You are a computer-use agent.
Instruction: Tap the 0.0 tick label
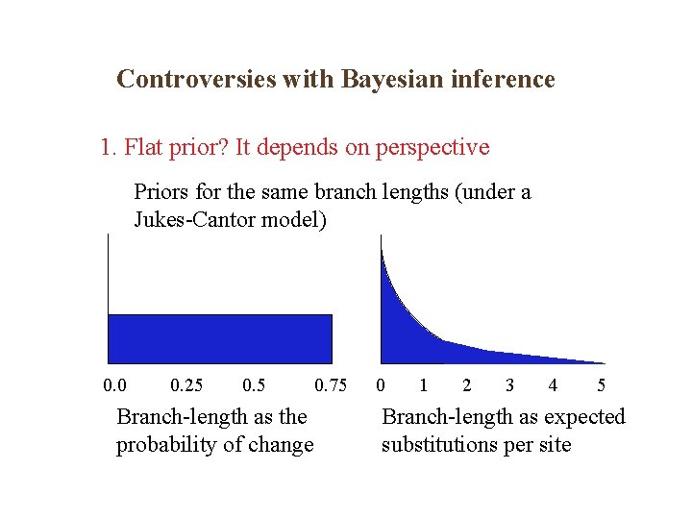click(114, 386)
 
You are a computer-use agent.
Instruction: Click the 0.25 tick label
click(185, 386)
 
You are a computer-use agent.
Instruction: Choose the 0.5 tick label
click(254, 386)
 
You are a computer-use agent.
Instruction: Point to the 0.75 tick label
click(331, 386)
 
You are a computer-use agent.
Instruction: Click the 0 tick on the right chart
click(382, 386)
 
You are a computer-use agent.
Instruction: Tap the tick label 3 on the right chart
click(509, 386)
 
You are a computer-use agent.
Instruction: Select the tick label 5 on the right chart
click(601, 386)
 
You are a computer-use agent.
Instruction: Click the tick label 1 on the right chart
click(423, 386)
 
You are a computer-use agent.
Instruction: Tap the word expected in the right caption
click(583, 417)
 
